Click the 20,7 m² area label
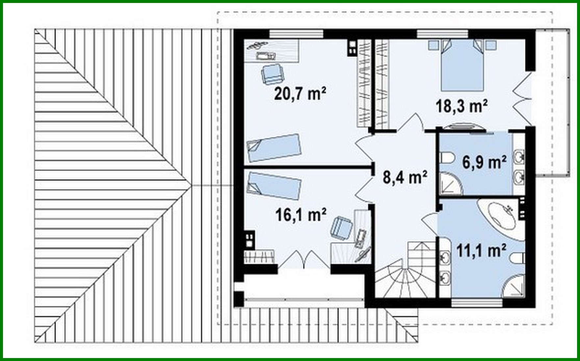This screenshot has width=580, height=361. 300,94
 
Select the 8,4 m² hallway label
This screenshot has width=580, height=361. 405,178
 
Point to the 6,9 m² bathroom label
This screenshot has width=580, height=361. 484,162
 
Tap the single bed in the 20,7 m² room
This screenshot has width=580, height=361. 274,148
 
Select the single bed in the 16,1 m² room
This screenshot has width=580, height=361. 274,185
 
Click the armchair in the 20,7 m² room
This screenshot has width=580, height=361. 272,74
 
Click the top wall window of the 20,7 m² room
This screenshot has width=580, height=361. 296,34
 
